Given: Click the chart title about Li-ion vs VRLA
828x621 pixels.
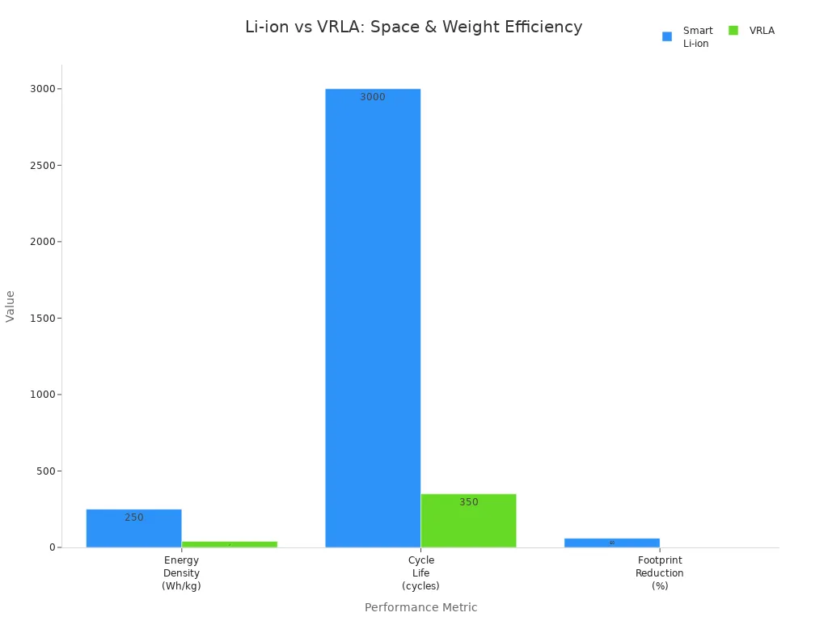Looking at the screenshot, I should point(413,27).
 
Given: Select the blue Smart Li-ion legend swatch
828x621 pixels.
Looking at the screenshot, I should point(667,36).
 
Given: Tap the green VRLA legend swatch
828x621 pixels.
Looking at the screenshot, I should point(733,31).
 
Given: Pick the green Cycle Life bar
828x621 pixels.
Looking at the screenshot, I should point(468,521).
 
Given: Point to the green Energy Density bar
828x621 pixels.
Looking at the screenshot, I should point(229,544).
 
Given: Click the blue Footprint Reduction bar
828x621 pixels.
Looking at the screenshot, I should point(611,543).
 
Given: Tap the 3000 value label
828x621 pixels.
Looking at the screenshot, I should point(373,97).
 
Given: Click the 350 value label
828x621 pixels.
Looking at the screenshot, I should point(469,502).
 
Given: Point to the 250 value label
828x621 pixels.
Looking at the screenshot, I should point(134,517).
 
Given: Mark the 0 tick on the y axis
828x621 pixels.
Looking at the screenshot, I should point(51,547).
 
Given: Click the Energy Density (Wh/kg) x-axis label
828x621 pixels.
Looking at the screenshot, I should point(181,573).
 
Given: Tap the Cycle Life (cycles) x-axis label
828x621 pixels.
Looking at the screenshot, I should point(420,573).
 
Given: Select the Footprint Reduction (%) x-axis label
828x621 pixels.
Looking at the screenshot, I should point(660,573).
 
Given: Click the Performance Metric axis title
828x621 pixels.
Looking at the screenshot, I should point(420,607).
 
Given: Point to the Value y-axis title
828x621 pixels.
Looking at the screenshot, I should point(11,306).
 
